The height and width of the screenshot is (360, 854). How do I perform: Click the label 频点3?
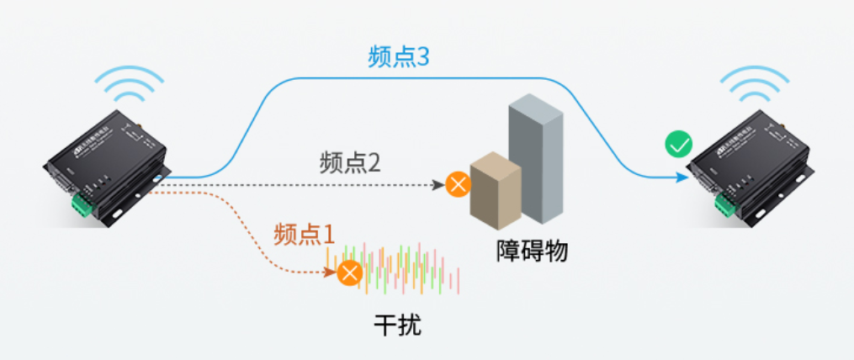pyautogui.click(x=399, y=57)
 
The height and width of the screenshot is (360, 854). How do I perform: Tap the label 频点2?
pyautogui.click(x=350, y=162)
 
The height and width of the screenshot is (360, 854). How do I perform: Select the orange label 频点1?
pyautogui.click(x=304, y=233)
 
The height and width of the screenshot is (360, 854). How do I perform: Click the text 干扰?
pyautogui.click(x=397, y=326)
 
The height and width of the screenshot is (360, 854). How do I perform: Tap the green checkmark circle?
pyautogui.click(x=677, y=145)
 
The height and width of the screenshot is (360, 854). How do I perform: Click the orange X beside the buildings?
pyautogui.click(x=459, y=184)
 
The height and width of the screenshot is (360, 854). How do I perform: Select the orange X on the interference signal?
pyautogui.click(x=350, y=273)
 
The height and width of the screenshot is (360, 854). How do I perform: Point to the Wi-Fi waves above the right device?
pyautogui.click(x=755, y=83)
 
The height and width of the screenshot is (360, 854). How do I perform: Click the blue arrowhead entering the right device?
pyautogui.click(x=680, y=177)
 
